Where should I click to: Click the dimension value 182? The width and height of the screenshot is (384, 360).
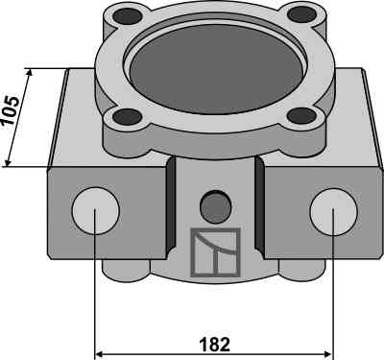click(x=215, y=345)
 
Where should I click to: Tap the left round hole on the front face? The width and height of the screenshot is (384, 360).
click(x=96, y=211)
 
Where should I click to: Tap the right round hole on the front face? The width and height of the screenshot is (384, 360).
click(x=333, y=211)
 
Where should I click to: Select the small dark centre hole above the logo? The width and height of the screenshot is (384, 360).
click(x=215, y=206)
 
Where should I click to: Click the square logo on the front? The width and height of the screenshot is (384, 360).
click(x=215, y=252)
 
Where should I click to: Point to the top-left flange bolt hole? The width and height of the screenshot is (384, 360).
click(x=129, y=15)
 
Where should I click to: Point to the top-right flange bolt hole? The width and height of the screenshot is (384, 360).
click(x=301, y=14)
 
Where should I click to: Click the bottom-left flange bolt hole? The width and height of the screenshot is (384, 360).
click(x=128, y=116)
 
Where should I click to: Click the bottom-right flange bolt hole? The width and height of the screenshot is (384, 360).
click(x=301, y=115)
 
